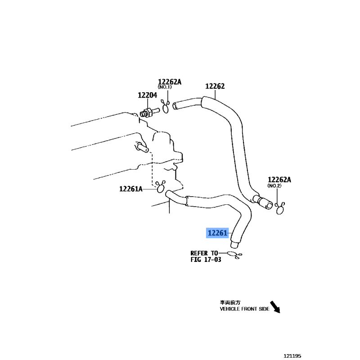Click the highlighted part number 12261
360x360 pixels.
pos(217,233)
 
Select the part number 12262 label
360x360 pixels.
pos(215,86)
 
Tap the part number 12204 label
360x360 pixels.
pos(148,95)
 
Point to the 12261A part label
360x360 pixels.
pos(131,189)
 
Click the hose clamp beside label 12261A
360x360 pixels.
pos(160,187)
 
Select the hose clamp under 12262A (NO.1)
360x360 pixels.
pos(165,106)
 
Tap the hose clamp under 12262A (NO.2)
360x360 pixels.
pos(279,208)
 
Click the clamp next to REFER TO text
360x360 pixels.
pos(234,255)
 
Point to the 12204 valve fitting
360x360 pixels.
pos(149,112)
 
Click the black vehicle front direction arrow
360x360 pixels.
pos(275,307)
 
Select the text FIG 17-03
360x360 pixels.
pos(206,260)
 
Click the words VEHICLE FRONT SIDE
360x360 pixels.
pos(244,309)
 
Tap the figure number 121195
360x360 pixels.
pos(292,356)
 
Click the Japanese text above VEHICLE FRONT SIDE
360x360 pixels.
pos(230,302)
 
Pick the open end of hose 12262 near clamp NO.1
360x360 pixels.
pos(175,106)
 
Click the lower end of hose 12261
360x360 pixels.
pos(234,245)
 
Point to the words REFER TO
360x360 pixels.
pos(204,253)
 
